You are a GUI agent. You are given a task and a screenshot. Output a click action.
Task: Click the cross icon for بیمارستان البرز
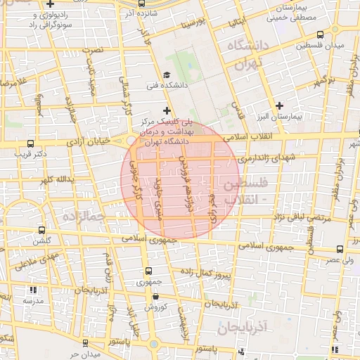(279, 105)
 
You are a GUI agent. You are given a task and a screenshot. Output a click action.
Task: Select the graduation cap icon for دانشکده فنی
(166, 75)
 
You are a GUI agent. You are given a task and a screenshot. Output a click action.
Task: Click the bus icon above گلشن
(42, 231)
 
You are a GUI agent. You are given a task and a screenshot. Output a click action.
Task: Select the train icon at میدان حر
(85, 343)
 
